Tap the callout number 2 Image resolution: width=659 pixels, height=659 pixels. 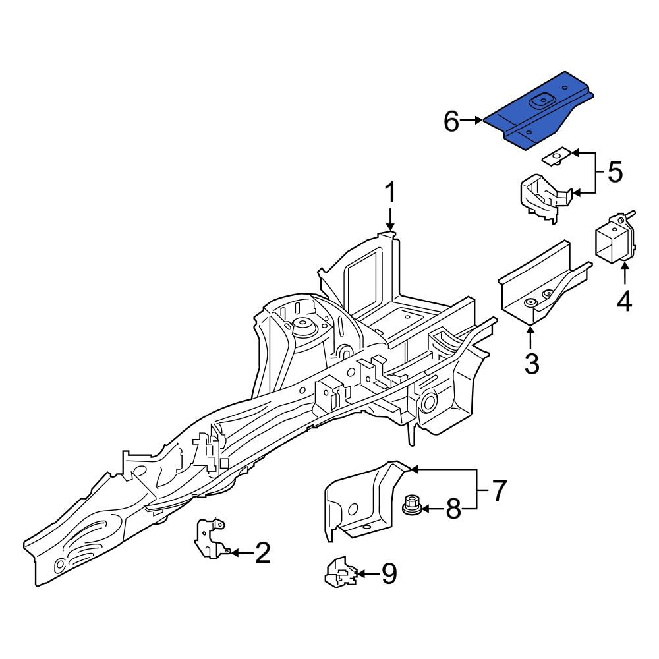[x=263, y=552]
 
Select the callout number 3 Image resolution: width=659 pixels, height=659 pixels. [x=532, y=363]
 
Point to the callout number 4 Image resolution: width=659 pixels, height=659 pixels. [x=624, y=301]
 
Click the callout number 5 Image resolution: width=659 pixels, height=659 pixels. [x=615, y=172]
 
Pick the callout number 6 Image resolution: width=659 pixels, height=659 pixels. [x=452, y=122]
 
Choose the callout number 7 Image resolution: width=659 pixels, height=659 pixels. [x=498, y=490]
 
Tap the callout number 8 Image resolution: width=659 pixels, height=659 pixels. [x=453, y=509]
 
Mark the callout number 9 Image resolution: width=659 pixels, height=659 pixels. [x=389, y=573]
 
